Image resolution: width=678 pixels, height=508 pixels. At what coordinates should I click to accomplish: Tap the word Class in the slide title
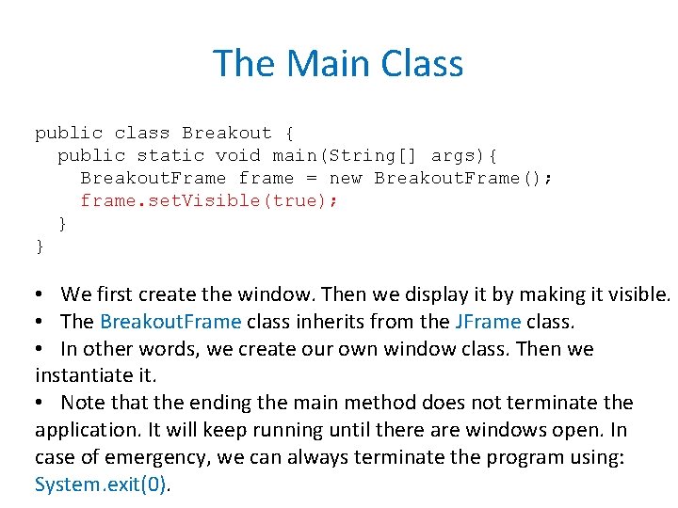coord(423,64)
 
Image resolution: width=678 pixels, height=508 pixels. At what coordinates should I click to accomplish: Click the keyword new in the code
coord(346,178)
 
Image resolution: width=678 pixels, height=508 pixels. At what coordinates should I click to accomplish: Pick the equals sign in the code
coord(312,178)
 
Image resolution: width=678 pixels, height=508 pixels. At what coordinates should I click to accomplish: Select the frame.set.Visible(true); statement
coord(208,200)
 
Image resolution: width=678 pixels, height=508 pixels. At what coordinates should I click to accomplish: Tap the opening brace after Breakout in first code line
coord(289,133)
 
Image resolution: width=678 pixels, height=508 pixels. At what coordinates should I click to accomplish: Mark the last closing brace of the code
coord(40,246)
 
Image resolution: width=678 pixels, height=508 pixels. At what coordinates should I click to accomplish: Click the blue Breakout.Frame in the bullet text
coord(170,322)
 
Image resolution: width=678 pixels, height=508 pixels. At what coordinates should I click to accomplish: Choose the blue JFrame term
coord(487,322)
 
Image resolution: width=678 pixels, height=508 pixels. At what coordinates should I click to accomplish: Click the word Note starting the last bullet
coord(84,403)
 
